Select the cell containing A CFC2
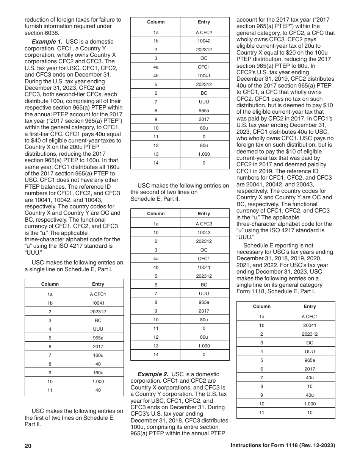tap(204, 33)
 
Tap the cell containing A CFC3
tap(204, 224)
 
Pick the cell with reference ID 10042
tap(204, 41)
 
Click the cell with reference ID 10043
tap(204, 233)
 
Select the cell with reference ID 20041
tap(310, 325)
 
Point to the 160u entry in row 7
tap(98, 355)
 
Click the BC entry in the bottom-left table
tap(98, 321)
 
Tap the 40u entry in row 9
tap(310, 395)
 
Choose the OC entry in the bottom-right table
tap(310, 343)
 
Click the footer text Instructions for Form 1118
tap(283, 446)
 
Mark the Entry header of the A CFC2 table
tap(204, 22)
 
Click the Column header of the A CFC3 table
tap(156, 214)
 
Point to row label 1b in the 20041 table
tap(261, 325)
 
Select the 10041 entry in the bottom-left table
tap(98, 303)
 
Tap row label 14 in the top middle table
tap(156, 163)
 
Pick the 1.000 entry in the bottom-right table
tap(310, 404)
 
